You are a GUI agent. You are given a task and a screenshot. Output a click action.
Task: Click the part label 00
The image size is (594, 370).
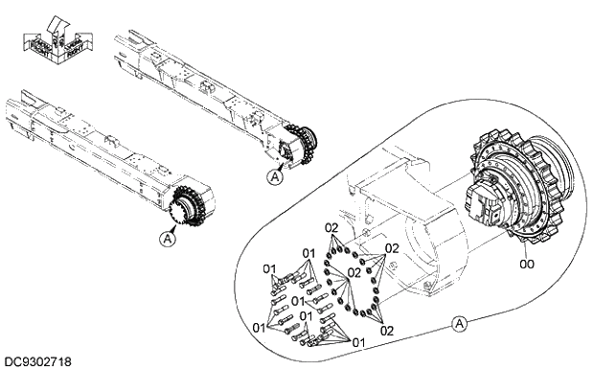(526, 260)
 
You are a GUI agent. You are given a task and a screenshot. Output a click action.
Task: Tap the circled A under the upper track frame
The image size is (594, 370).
(276, 176)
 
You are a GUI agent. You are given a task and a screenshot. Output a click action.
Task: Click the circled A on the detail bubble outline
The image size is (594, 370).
(460, 324)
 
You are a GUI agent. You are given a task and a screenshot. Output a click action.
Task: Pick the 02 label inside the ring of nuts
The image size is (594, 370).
(354, 272)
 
